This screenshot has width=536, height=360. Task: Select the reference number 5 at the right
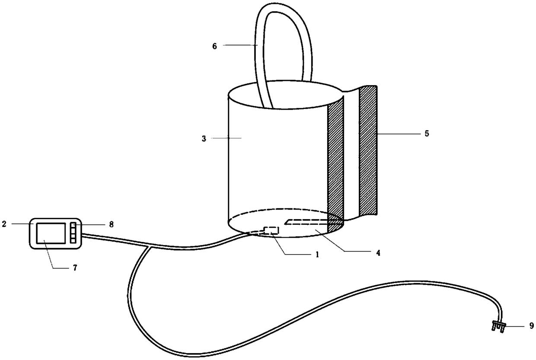(427, 134)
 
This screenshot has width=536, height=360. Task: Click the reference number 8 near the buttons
(112, 224)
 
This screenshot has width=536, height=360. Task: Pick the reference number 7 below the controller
(75, 268)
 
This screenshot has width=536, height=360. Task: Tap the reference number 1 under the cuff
(317, 255)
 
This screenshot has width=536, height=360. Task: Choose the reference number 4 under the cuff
(377, 253)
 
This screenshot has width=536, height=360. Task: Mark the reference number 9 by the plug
(532, 326)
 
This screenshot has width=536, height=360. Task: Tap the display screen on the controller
(51, 233)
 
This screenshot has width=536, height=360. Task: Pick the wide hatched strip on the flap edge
(368, 150)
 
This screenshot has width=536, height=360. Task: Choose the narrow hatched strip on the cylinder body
(335, 160)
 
